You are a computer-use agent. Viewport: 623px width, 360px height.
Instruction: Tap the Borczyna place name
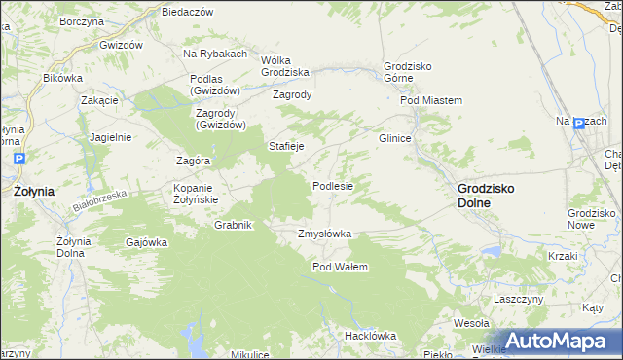82,20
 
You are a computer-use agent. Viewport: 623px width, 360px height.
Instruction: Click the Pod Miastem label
430,100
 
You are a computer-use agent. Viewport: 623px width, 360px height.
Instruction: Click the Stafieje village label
287,146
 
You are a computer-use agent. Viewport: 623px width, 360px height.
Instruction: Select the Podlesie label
333,185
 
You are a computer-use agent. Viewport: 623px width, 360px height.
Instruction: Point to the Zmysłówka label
324,234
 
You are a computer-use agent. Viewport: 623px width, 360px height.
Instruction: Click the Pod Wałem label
340,267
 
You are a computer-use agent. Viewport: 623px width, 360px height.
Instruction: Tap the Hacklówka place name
370,336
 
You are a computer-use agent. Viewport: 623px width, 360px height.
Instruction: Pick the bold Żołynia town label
34,192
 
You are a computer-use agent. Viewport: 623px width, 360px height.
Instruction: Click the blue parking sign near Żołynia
21,158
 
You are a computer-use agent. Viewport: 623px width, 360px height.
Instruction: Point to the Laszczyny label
518,299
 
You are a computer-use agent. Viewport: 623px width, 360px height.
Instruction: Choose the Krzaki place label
563,256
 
